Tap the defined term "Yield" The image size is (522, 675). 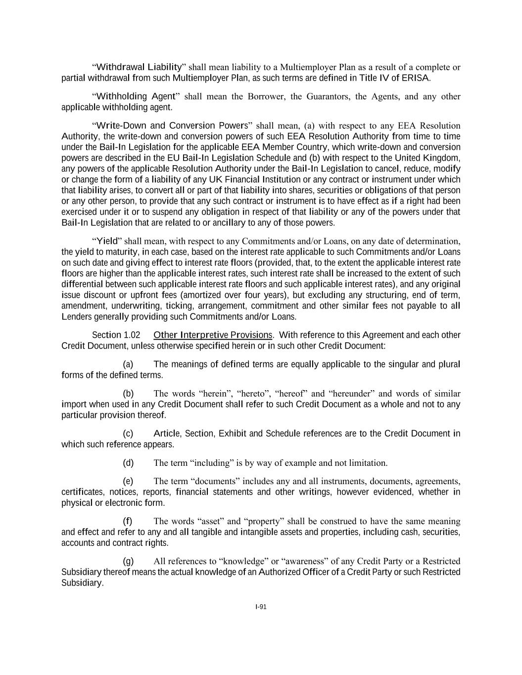click(107, 241)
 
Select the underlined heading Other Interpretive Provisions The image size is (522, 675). click(213, 335)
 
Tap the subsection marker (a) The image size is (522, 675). click(128, 364)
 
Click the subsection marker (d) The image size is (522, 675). click(128, 463)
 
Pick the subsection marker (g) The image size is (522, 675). click(128, 561)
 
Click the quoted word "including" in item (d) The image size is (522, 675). click(214, 463)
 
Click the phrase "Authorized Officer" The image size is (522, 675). click(295, 572)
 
